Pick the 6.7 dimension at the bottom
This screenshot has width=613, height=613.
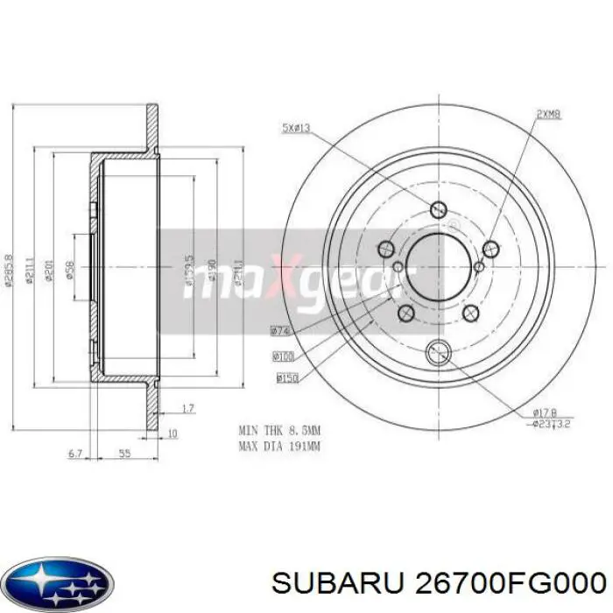coord(75,454)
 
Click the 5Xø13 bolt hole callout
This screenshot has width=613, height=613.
coord(295,130)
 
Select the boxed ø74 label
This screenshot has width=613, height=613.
coord(280,331)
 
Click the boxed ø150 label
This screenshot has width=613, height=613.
coord(287,378)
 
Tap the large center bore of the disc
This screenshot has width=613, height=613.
coord(438,263)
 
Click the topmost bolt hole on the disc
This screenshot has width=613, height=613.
coord(438,209)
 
